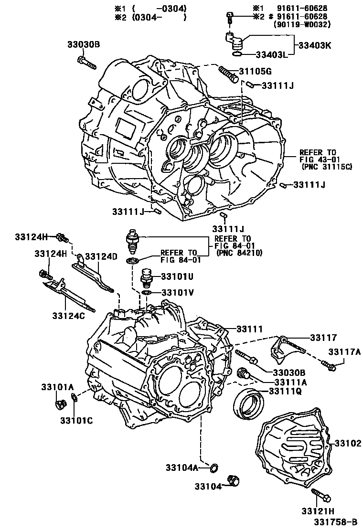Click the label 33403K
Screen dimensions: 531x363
315,46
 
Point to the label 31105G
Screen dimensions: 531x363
256,72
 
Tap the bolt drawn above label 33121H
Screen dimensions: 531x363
320,494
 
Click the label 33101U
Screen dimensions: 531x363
177,276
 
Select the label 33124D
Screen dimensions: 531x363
101,256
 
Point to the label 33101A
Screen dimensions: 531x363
57,386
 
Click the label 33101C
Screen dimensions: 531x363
76,420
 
